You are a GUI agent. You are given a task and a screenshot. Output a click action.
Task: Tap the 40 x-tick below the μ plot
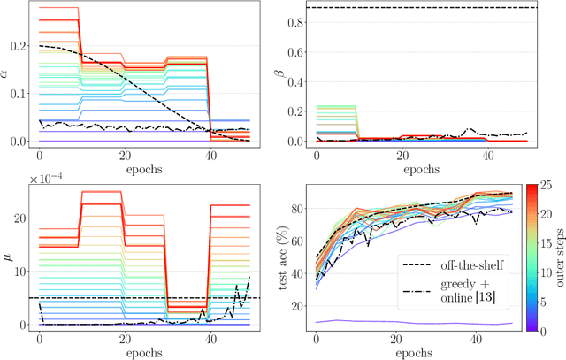click(209, 339)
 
